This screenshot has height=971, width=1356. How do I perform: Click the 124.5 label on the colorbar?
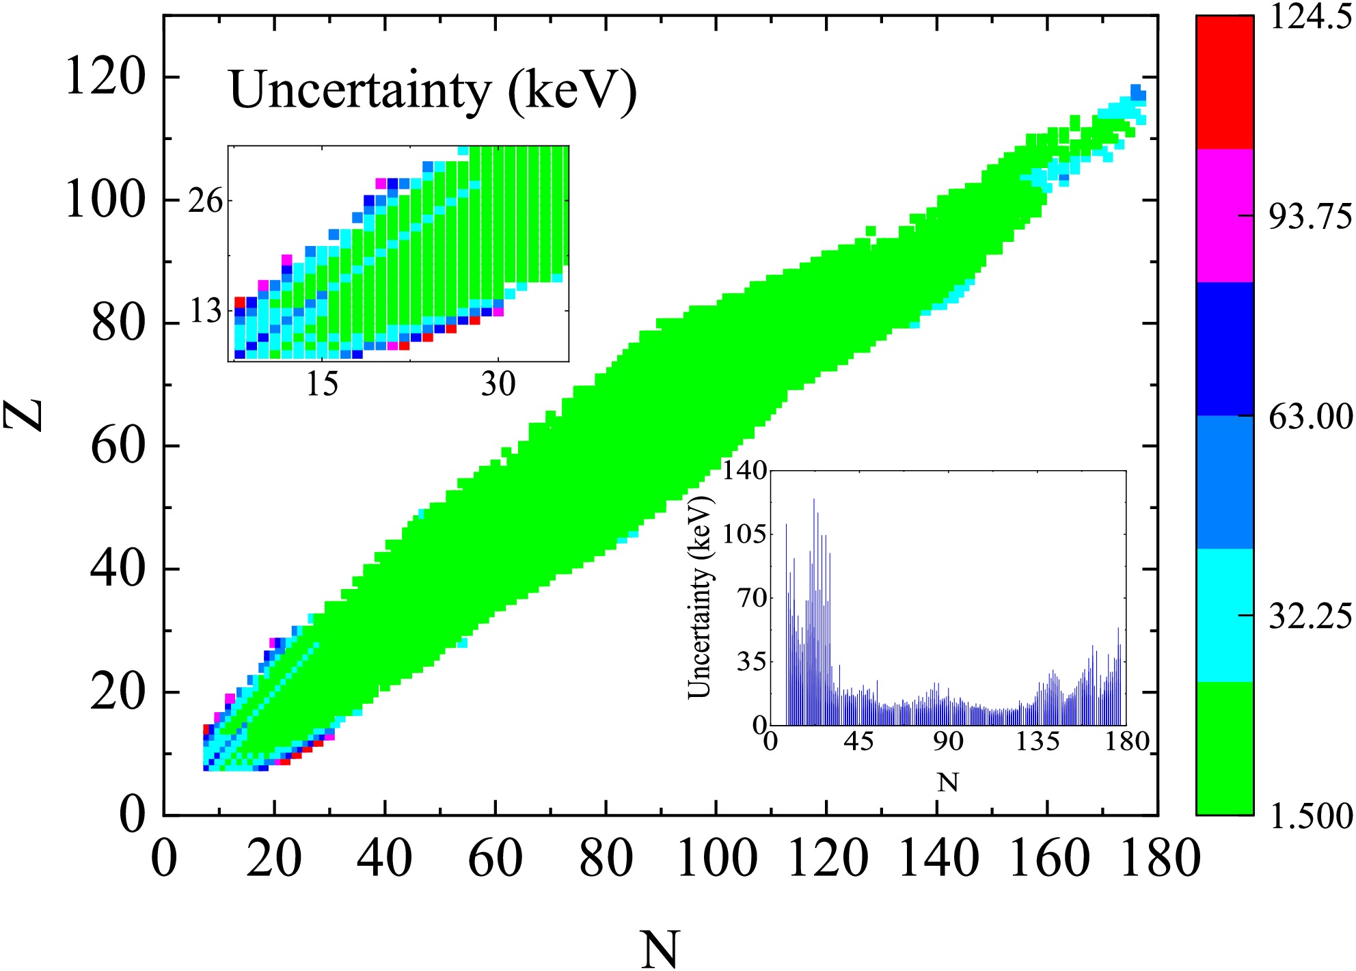pos(1309,16)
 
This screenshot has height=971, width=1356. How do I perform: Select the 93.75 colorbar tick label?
pos(1310,217)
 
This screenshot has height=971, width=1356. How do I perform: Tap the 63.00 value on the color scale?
pos(1310,417)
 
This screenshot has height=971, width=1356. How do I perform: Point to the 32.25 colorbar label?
pos(1310,617)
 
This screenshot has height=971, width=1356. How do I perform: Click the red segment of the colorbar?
pos(1225,82)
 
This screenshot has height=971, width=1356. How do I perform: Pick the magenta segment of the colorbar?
pos(1225,215)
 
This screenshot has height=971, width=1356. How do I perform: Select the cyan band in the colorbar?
pos(1225,615)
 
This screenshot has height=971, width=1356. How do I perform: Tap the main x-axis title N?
pos(660,948)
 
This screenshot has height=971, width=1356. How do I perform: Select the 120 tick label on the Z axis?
pos(105,77)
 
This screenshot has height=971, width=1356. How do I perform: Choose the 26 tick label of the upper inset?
pos(206,202)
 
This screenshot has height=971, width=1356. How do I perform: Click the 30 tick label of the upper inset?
pos(498,384)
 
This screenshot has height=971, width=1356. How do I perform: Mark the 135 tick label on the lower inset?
pos(1037,742)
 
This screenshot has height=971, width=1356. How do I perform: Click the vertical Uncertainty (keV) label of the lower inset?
pos(699,597)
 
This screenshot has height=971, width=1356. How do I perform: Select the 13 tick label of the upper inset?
pos(206,312)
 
